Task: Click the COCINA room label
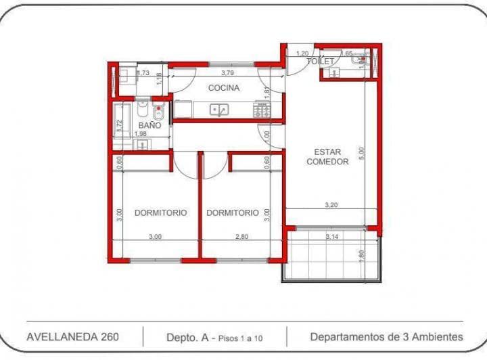pos(223,88)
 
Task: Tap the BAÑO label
pos(149,126)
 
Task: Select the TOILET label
pos(321,62)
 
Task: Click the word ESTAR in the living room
pos(327,152)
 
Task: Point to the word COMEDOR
pos(327,162)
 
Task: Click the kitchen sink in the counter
pos(218,110)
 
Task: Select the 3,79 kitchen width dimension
pos(227,73)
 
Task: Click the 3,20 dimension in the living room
pos(331,204)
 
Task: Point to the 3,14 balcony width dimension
pos(331,237)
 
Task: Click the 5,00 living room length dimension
pos(361,152)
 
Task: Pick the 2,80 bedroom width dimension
pos(241,237)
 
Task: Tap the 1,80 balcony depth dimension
pos(361,256)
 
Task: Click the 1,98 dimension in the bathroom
pos(140,134)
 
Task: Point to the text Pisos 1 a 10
pos(241,336)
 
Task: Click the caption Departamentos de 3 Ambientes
pos(386,336)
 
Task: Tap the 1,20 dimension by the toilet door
pos(301,53)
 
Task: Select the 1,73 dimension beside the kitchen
pos(143,73)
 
